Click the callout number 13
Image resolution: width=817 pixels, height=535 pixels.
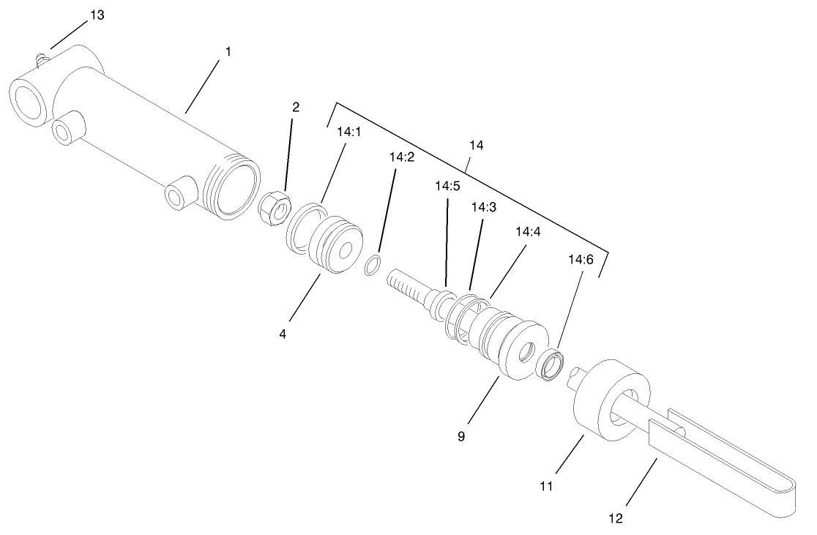pos(97,15)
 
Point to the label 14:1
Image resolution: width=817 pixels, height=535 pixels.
pos(348,133)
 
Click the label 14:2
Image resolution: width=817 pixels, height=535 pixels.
pos(402,157)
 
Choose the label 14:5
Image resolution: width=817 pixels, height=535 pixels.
pos(447,186)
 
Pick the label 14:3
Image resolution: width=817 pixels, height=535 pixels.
pos(484,208)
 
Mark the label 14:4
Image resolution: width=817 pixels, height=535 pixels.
pos(527,232)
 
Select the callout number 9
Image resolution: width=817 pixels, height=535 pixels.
pos(460,437)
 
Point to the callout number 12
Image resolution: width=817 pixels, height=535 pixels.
pos(616,518)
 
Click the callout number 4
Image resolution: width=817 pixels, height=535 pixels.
pos(282,334)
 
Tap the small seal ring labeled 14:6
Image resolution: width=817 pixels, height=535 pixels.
pos(550,363)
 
